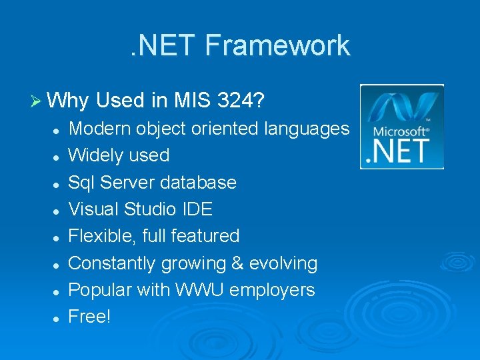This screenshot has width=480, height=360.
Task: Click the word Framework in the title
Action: (277, 45)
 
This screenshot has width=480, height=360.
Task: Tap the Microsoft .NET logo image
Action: (402, 126)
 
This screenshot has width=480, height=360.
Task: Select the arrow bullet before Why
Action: (37, 101)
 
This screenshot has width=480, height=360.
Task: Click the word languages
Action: (307, 129)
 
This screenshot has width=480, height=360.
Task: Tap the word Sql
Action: (83, 183)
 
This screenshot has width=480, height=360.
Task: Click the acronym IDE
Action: (197, 209)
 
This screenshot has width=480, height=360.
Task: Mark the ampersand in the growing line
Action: (237, 263)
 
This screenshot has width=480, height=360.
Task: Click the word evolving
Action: (283, 263)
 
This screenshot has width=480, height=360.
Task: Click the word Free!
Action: (89, 317)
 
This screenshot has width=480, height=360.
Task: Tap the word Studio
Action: (151, 209)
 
